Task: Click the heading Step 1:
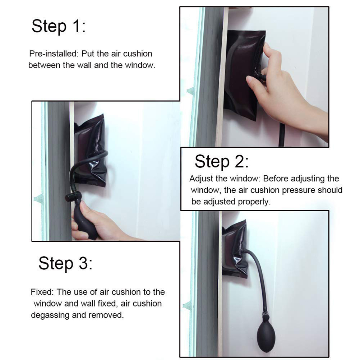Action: point(59,26)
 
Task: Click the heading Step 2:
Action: point(222,161)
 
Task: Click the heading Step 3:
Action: point(65,263)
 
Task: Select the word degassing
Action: point(50,315)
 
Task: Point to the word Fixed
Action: point(42,292)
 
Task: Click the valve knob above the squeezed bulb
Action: point(73,197)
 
